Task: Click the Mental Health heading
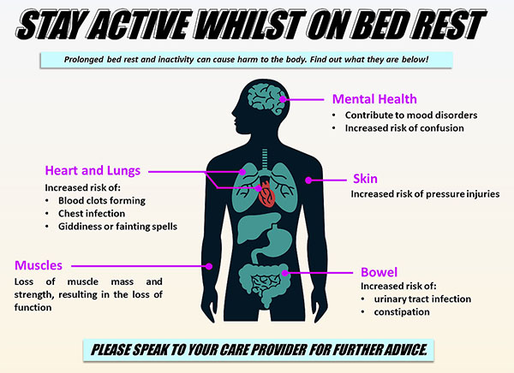(x=374, y=99)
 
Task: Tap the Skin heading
(x=365, y=179)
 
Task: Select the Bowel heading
(x=379, y=272)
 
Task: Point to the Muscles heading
(x=39, y=265)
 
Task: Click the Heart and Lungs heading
(x=93, y=170)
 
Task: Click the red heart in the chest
(x=267, y=194)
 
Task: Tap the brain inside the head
(x=266, y=98)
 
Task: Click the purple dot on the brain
(x=283, y=99)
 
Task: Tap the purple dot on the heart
(x=259, y=188)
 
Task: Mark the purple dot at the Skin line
(x=308, y=181)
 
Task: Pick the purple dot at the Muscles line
(x=209, y=266)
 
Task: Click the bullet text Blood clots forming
(x=102, y=200)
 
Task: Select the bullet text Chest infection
(x=92, y=214)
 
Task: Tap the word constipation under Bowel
(x=402, y=312)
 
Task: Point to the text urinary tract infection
(x=422, y=299)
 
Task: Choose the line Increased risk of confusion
(x=404, y=128)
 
